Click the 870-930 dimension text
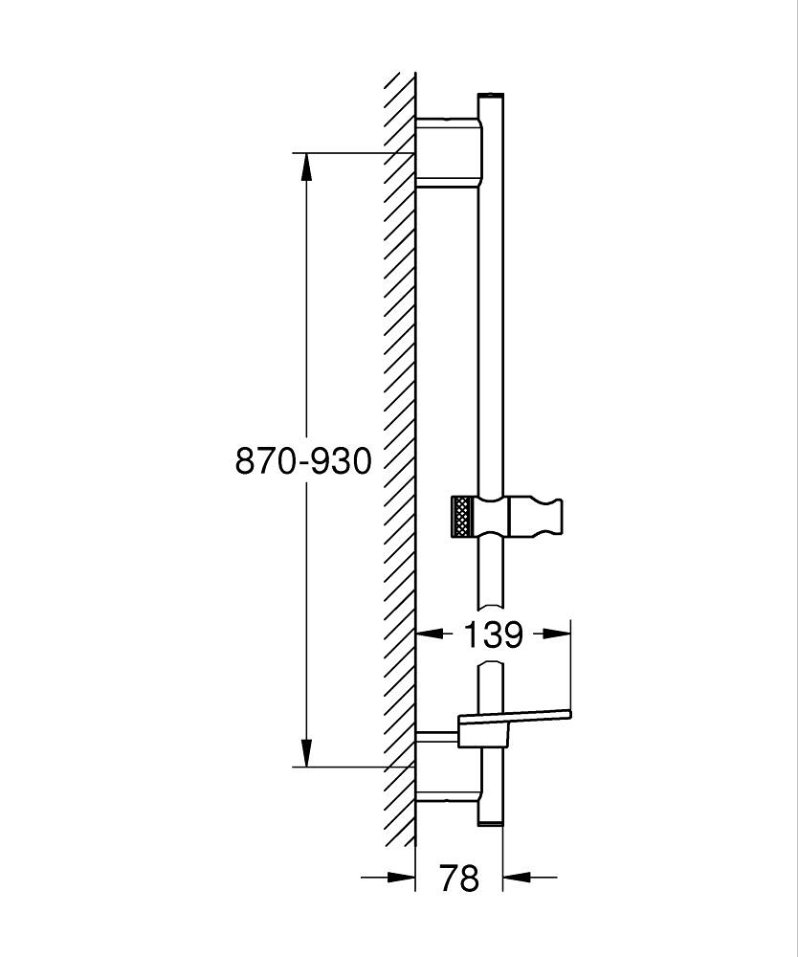[x=303, y=461]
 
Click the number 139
[x=493, y=634]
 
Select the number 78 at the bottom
[x=458, y=877]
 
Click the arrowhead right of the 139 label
[x=553, y=634]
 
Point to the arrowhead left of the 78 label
[x=401, y=876]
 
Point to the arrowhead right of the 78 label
[x=517, y=876]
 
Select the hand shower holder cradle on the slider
[x=535, y=518]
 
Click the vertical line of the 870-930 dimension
[x=306, y=335]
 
